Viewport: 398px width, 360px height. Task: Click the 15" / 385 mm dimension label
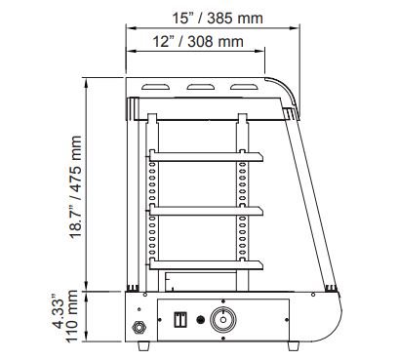[x=218, y=18]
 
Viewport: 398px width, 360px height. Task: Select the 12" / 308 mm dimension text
[x=198, y=41]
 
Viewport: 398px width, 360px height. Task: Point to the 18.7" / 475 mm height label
[x=75, y=187]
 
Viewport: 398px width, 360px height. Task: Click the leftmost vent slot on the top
[x=155, y=87]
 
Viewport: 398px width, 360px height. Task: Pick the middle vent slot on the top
[x=201, y=87]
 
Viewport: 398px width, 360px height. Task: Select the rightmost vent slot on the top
[x=244, y=87]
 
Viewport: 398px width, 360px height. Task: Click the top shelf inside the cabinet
[x=206, y=156]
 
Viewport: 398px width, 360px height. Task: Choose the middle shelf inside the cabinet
[x=206, y=211]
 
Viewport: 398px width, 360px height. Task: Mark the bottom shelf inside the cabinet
[x=206, y=265]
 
